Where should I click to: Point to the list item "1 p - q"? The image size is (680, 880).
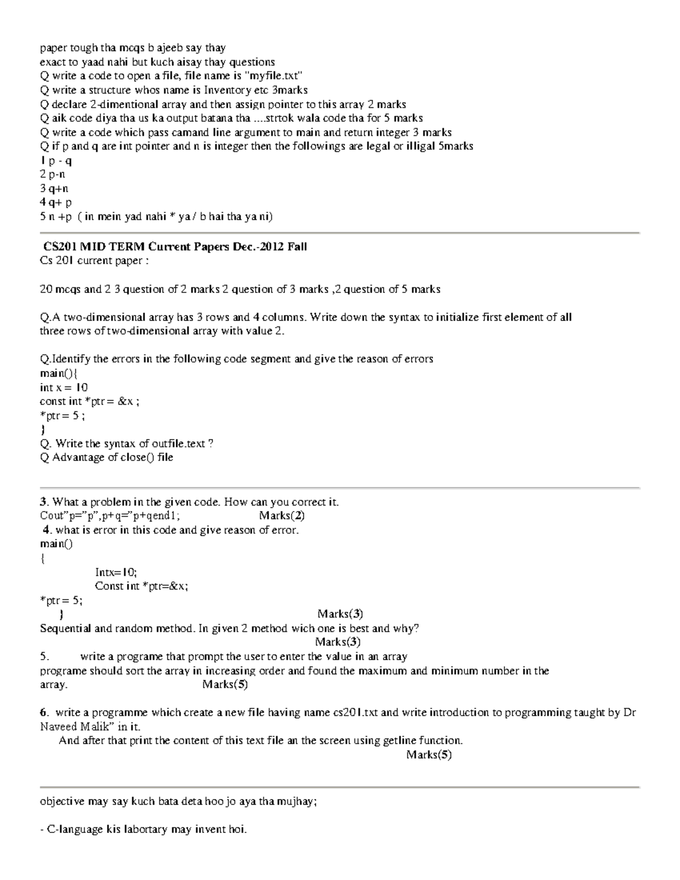pos(56,160)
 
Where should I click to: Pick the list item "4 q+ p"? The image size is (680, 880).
pos(56,202)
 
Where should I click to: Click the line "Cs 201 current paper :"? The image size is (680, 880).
pos(93,261)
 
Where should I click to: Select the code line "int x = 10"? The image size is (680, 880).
pos(63,388)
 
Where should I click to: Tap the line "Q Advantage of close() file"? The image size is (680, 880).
pos(107,458)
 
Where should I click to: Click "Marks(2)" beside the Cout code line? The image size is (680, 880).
pos(282,516)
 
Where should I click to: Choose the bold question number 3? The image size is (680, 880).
pos(43,502)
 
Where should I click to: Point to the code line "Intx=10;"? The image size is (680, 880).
pos(116,572)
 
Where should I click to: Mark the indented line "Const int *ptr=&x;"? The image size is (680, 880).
pos(141,586)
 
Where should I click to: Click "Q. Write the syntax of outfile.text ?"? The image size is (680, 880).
pos(126,444)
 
